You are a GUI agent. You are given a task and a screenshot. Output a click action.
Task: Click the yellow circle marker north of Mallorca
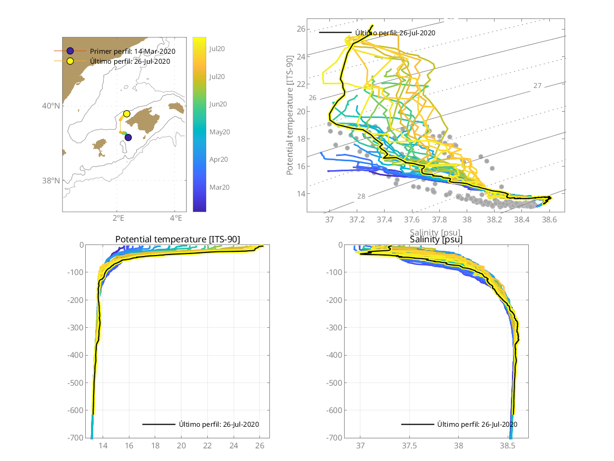(126, 114)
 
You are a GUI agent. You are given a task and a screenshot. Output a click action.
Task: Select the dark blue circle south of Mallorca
(128, 138)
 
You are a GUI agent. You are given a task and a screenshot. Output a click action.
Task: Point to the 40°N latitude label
(51, 106)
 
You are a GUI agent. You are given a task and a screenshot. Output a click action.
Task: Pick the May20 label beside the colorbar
(217, 132)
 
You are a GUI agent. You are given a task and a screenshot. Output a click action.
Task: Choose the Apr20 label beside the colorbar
(217, 159)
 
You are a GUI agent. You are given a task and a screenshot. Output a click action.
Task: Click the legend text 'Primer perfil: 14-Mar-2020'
(133, 52)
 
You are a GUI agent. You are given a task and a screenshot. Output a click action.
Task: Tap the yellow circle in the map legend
(70, 61)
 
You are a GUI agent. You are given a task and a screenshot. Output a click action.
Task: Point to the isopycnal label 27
(537, 85)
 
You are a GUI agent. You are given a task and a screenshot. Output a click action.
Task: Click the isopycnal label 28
(361, 197)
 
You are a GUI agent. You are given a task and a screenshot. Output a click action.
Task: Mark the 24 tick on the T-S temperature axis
(301, 56)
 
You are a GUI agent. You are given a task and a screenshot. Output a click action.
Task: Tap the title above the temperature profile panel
(177, 240)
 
